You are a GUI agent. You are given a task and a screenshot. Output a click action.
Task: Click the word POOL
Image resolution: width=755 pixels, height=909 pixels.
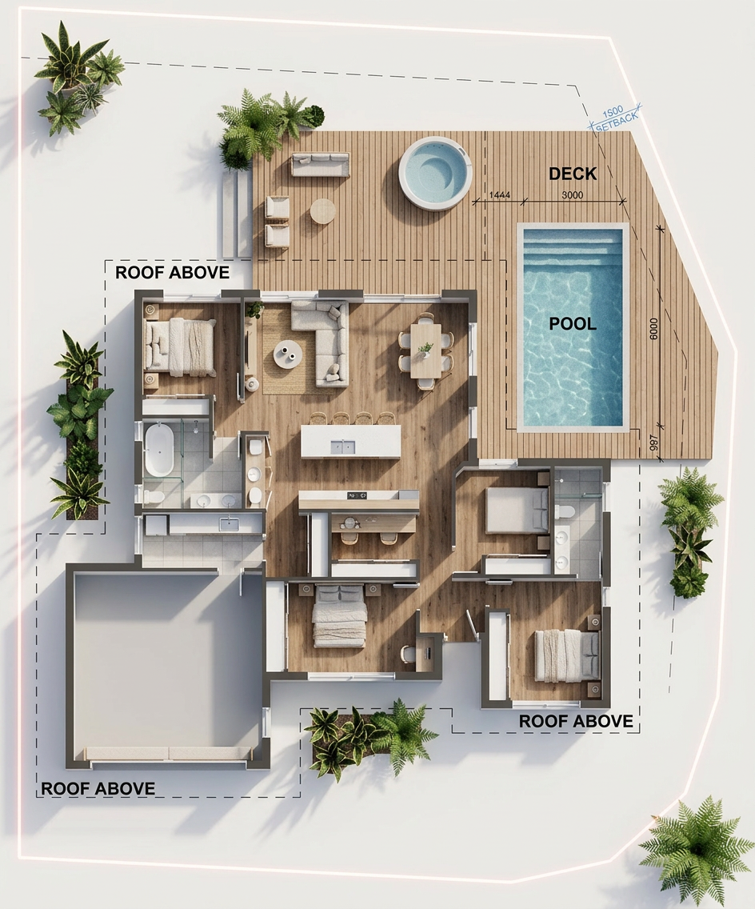(573, 323)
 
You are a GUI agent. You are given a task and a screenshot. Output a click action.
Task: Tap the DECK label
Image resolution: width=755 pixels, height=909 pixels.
(573, 174)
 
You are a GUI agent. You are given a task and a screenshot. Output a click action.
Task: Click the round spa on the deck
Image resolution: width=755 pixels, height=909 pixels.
(433, 174)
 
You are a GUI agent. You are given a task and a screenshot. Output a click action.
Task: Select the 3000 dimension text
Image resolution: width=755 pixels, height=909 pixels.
(573, 194)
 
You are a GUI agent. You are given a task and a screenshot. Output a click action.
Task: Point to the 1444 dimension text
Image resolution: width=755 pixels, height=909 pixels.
(500, 194)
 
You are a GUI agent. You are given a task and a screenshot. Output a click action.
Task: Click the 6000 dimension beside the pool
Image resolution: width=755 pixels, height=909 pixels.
(654, 329)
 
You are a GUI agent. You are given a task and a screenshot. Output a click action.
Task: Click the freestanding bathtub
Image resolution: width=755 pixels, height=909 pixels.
(158, 449)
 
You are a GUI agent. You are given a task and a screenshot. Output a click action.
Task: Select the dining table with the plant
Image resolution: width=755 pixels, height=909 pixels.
(425, 350)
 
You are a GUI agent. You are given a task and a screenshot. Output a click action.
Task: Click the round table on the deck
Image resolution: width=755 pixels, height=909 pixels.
(322, 211)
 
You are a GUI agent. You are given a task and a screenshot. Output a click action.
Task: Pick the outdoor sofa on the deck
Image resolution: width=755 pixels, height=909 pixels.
(321, 164)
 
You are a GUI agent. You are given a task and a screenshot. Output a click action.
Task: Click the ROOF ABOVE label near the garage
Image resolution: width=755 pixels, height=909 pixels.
(98, 788)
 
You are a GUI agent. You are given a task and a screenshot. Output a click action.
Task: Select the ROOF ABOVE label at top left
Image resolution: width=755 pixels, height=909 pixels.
(172, 272)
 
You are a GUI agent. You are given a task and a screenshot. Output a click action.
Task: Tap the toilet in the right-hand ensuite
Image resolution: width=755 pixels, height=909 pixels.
(565, 511)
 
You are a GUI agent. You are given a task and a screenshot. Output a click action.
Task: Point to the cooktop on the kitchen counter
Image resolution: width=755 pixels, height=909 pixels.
(357, 495)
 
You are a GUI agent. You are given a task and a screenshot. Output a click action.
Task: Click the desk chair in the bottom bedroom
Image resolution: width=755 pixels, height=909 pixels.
(409, 653)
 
